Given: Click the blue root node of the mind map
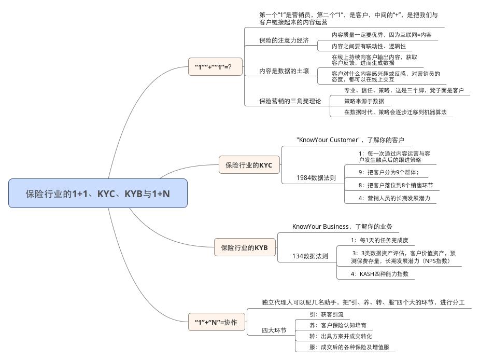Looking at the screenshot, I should coord(98,193).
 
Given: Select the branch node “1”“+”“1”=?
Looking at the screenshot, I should coord(215,67).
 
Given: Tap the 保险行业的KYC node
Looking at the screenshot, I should coord(249,165).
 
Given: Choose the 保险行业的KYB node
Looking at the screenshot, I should coord(244,247).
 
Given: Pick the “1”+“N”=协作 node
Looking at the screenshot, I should coord(216,322).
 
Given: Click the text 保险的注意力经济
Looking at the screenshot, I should coord(284,40).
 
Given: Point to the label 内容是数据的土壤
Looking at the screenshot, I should coord(284,71).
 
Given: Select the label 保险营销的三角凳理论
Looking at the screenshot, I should coord(290,101).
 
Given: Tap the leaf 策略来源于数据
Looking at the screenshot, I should coord(364,101).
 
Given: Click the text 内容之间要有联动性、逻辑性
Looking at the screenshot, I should coord(369,46).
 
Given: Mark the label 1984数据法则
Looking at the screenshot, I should coord(316,177).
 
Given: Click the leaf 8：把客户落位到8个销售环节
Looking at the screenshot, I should coord(396,185).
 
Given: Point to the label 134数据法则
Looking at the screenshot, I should coord(310,256).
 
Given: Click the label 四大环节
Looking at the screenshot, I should coord(274,330).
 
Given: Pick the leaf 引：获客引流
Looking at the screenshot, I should coord(326,314).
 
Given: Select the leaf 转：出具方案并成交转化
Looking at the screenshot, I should coord(340,336).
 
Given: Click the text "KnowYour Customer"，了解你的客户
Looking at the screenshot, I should coord(350,140).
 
